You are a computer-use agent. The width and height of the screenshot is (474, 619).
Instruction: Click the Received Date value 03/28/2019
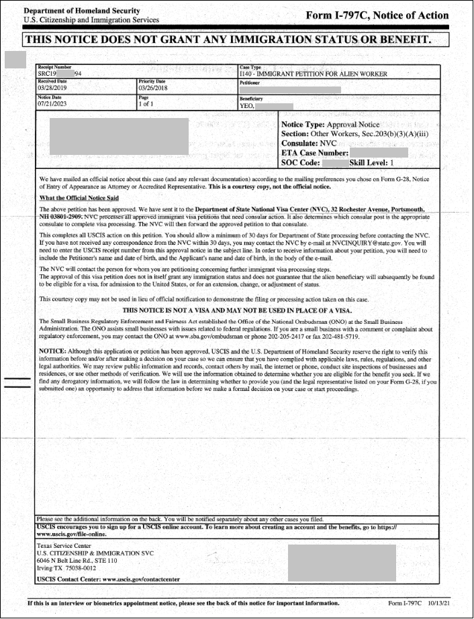52,88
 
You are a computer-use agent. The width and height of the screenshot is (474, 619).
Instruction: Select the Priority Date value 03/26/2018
152,88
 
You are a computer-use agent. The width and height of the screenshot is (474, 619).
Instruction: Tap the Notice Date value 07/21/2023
52,105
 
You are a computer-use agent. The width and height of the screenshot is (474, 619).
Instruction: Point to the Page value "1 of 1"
146,105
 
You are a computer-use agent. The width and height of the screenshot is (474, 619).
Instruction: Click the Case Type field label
250,67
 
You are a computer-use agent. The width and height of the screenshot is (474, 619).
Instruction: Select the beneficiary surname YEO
246,105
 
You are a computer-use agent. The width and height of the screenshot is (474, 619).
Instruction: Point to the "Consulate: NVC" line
309,144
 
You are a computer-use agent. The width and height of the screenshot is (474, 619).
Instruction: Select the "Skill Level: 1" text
377,162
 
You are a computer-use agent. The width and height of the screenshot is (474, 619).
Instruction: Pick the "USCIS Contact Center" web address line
109,578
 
